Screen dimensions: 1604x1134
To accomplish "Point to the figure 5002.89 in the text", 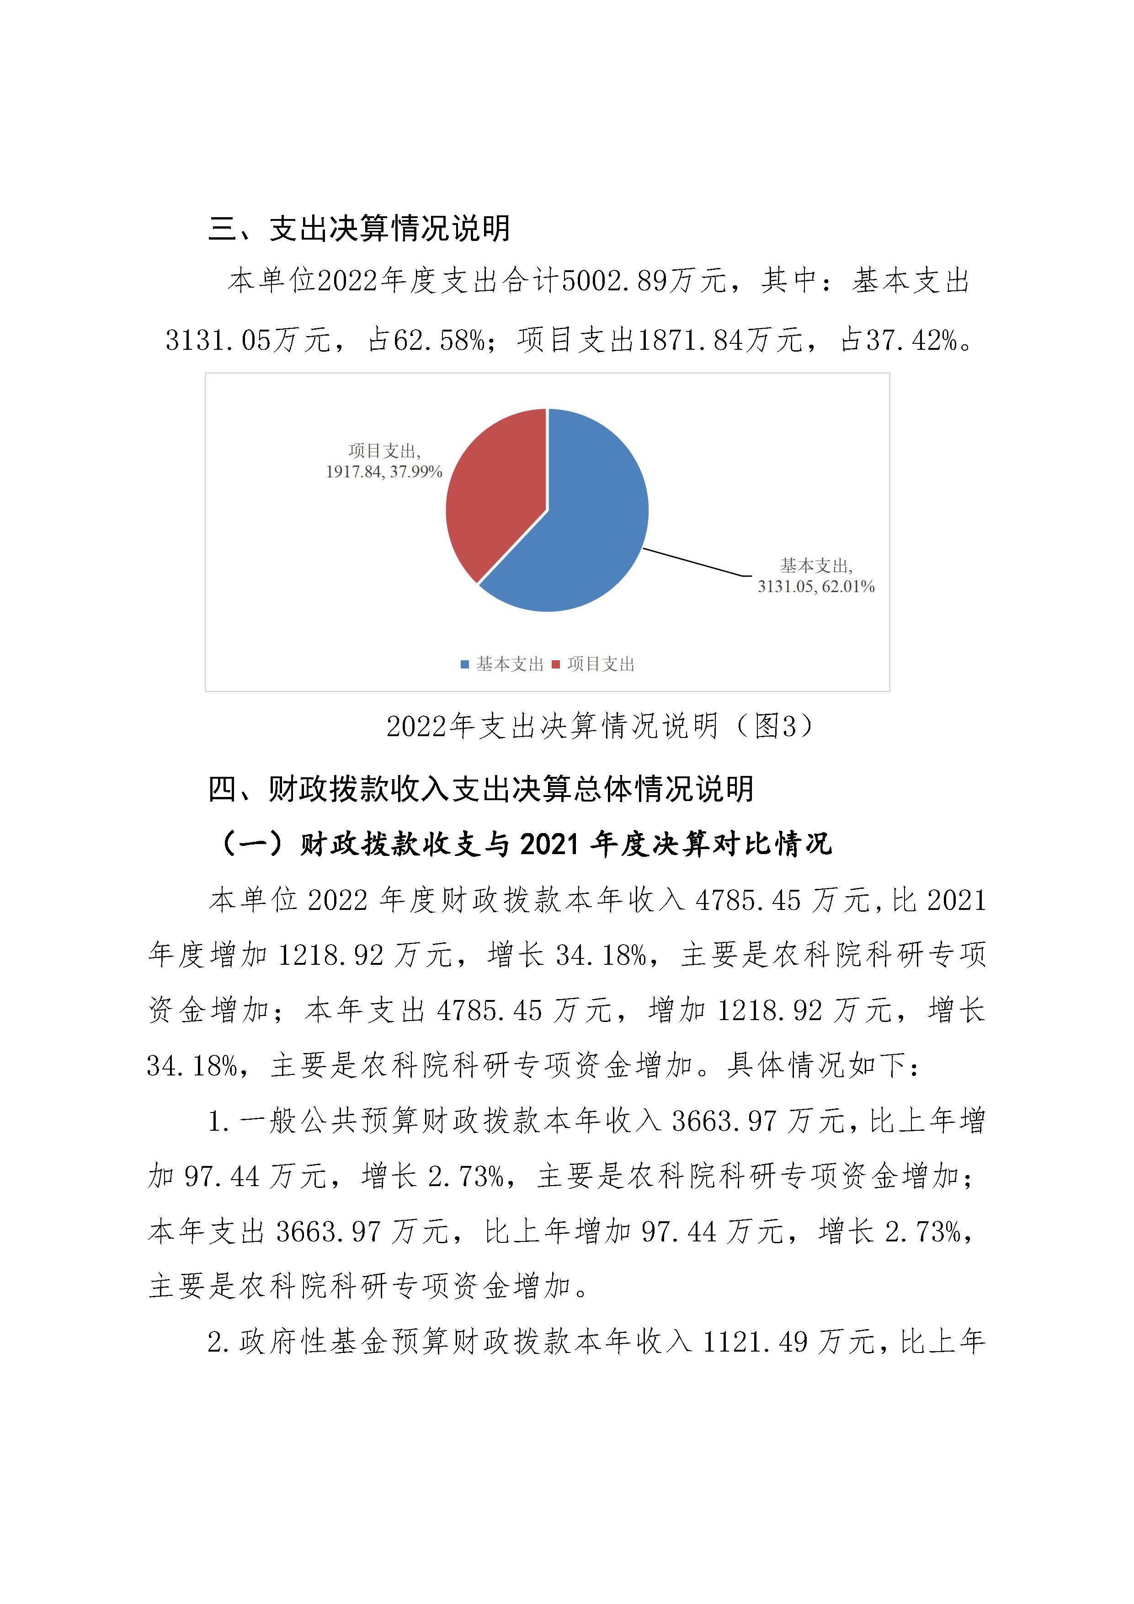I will pyautogui.click(x=614, y=282).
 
